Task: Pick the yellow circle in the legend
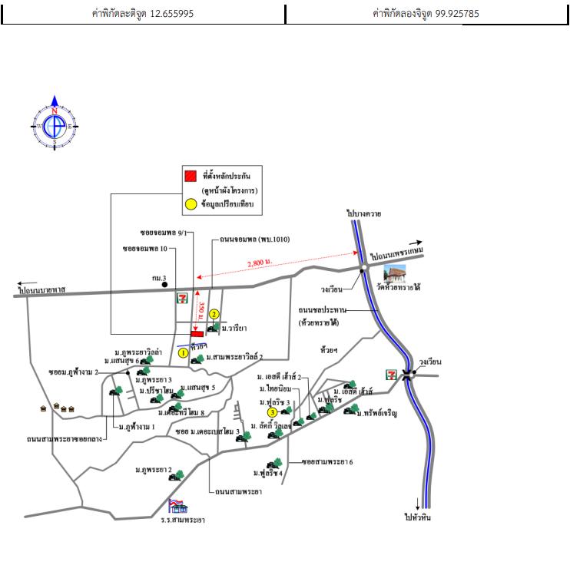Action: point(191,205)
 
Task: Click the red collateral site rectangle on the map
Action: point(197,334)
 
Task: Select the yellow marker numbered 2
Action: point(215,313)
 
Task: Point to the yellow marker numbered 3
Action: point(273,412)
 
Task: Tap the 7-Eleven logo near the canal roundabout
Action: point(393,374)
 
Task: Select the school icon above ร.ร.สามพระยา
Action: point(177,505)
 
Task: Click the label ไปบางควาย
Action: point(363,213)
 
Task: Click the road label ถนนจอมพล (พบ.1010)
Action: point(254,240)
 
